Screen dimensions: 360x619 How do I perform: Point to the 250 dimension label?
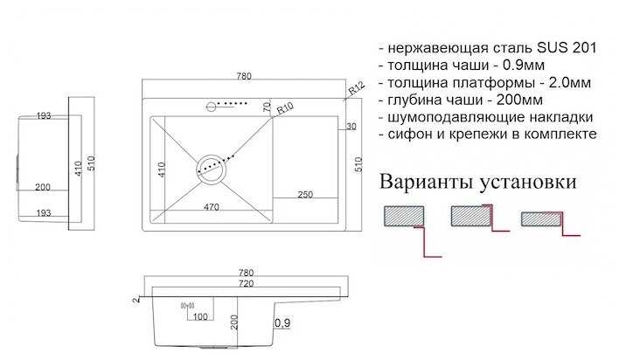[x=305, y=193]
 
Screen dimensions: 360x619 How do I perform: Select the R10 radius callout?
[x=284, y=110]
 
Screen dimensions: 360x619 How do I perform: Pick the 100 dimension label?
[x=200, y=315]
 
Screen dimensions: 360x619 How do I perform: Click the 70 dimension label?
[x=267, y=107]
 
